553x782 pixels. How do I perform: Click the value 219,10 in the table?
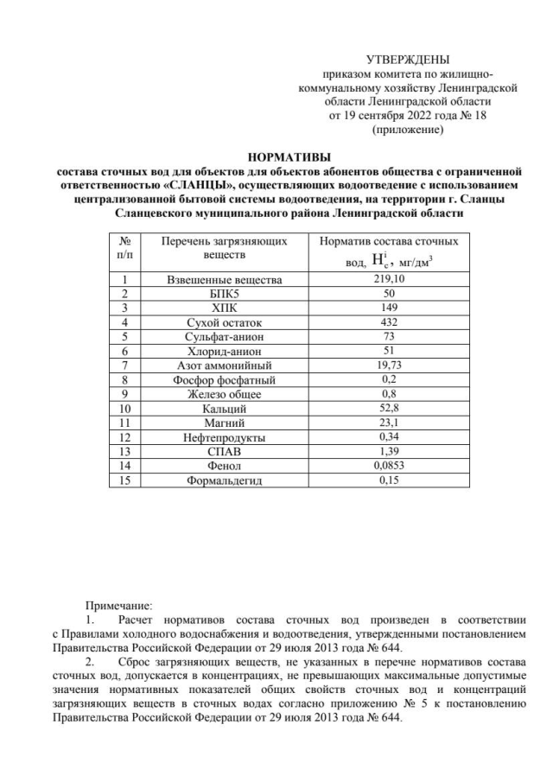(x=389, y=278)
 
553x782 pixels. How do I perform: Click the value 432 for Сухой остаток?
(x=389, y=321)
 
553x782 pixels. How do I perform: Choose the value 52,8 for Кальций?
(x=389, y=408)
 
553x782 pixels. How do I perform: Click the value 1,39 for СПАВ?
(x=389, y=451)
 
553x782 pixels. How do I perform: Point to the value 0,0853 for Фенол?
(x=389, y=466)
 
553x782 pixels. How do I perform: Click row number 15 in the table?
(x=125, y=480)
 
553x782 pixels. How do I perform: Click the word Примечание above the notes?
(x=118, y=605)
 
